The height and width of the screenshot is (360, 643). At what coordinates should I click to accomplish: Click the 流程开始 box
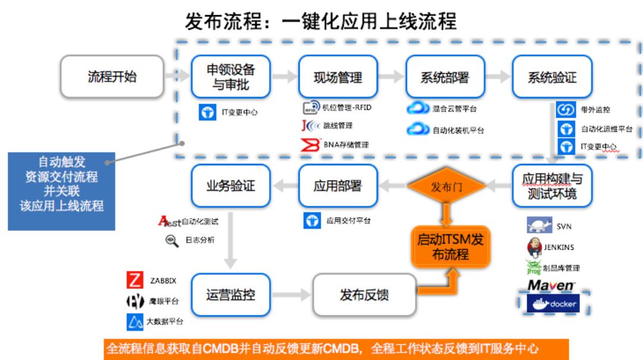pos(112,77)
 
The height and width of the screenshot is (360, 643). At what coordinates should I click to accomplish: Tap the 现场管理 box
pos(338,77)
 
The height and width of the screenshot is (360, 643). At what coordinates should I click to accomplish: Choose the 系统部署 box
pos(444,77)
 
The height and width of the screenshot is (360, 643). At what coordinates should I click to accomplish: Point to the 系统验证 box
pos(552,77)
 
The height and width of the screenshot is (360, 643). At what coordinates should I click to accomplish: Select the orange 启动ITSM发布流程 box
pos(451,247)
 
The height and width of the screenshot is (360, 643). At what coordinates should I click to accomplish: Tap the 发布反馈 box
pos(364,295)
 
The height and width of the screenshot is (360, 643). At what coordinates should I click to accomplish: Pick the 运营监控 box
pos(230,295)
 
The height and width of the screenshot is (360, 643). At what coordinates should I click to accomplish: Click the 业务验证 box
pos(230,186)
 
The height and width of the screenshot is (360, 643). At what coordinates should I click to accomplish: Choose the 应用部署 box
pos(338,186)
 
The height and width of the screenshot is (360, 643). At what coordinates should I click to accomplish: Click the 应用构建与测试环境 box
pos(552,186)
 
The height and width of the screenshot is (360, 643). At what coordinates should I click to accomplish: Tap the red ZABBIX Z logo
pos(135,280)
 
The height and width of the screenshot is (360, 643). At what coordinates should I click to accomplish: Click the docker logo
pos(553,303)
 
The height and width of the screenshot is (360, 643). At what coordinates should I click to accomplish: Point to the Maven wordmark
pos(551,285)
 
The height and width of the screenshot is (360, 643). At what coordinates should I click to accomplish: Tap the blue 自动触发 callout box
pos(61,191)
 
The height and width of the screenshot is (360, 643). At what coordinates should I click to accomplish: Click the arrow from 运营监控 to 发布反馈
pos(291,295)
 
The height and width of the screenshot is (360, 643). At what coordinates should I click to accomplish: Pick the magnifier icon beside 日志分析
pos(171,240)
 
